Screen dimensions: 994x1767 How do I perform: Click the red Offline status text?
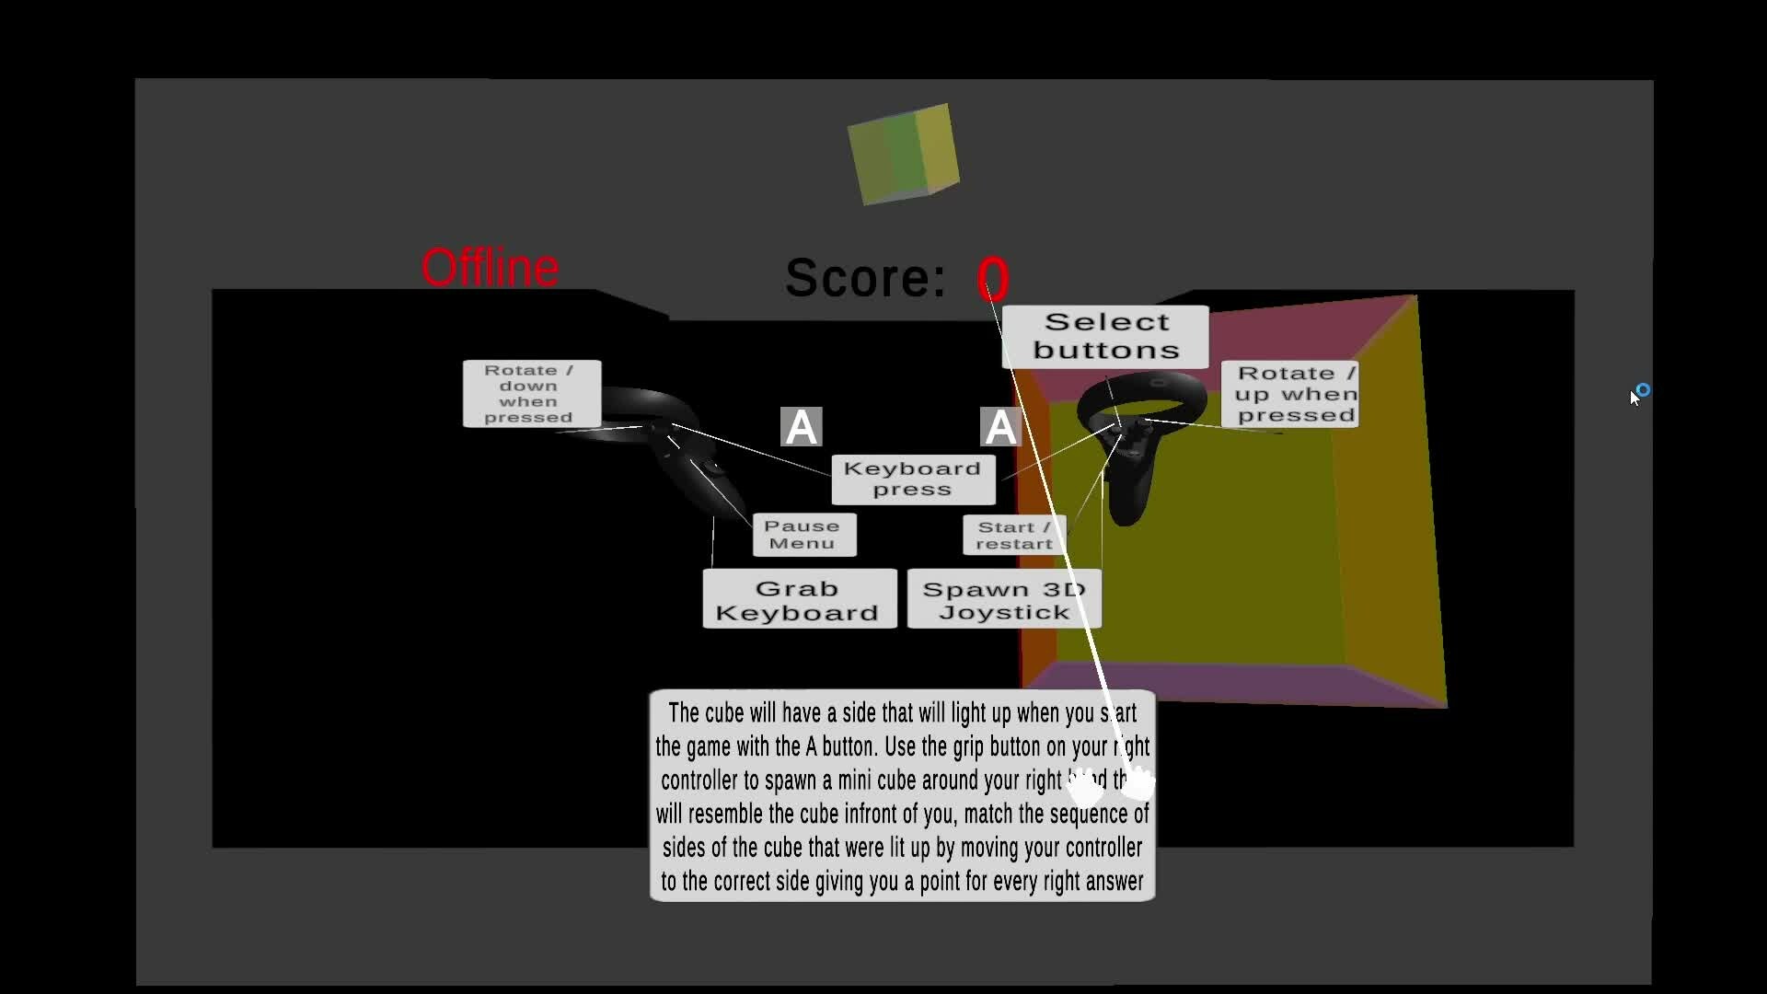pos(490,268)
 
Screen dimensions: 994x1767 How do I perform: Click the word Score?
pos(865,277)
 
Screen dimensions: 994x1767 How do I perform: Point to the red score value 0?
pos(993,279)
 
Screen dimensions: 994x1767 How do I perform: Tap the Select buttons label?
pos(1105,337)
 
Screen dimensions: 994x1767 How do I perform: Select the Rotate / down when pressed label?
pos(531,394)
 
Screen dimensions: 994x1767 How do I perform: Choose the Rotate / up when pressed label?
pos(1290,394)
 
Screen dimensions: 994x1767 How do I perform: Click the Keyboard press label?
pos(912,480)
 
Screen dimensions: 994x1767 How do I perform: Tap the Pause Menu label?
pos(803,535)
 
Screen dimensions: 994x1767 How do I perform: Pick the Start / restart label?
pos(1013,536)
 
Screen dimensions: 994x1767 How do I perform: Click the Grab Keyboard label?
pos(799,600)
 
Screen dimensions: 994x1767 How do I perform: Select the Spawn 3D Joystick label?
pos(1003,600)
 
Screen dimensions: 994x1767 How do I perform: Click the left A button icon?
pos(801,427)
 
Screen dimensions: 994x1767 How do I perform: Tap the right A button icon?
pos(999,427)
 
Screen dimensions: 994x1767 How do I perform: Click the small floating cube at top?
pos(903,154)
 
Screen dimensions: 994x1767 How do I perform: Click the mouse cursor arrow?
pos(1634,398)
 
